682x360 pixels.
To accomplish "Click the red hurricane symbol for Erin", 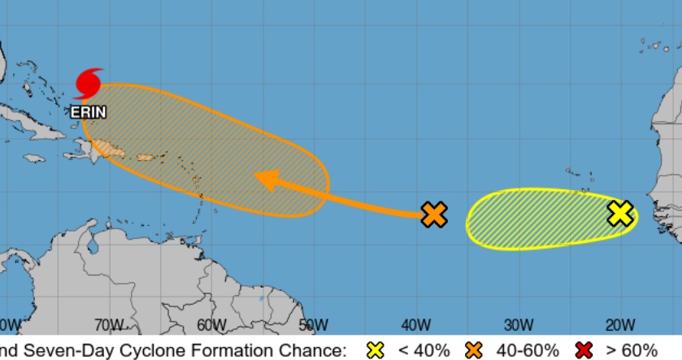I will click(89, 84).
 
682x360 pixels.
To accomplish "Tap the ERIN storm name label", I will click(89, 112).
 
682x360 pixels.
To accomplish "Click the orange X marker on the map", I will click(435, 215).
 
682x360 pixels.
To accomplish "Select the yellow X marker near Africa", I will click(620, 214).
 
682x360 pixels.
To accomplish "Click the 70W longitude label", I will click(108, 326).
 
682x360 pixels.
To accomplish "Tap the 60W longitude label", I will click(211, 326).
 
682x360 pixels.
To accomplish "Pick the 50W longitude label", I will click(313, 326).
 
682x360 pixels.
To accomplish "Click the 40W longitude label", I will click(415, 326).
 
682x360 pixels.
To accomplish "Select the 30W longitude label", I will click(518, 326).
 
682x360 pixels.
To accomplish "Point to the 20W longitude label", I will click(620, 326).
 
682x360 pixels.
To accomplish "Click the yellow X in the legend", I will click(376, 350).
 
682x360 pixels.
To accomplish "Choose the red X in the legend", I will click(584, 350).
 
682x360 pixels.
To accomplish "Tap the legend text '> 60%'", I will click(632, 350).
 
